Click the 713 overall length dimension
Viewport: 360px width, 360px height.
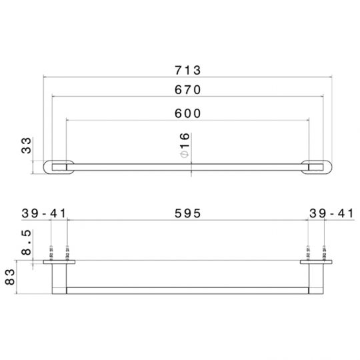(187, 70)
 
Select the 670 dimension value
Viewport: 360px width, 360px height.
(187, 90)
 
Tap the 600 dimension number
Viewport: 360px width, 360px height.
(187, 113)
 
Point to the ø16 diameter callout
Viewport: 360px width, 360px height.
(185, 145)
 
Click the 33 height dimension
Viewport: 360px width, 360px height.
(26, 145)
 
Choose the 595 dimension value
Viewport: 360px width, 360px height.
(187, 213)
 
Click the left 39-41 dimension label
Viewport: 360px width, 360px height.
(43, 213)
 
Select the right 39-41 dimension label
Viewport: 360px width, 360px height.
(331, 213)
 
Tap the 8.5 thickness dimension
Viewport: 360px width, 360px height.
(26, 243)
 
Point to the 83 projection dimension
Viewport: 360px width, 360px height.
(10, 277)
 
